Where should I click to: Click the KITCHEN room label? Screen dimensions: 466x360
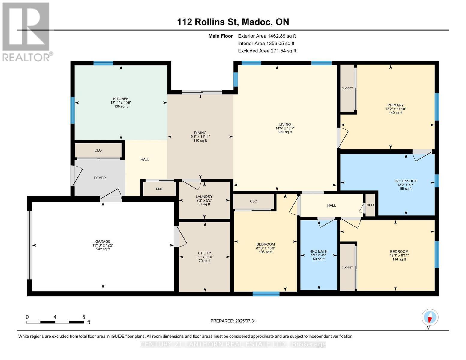(x=121, y=99)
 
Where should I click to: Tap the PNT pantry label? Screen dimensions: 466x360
(x=159, y=189)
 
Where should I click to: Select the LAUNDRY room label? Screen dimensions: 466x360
(x=204, y=196)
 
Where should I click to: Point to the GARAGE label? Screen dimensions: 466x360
(x=103, y=241)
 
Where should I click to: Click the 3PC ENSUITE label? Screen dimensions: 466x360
(x=406, y=181)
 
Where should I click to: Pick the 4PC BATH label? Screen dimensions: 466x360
(x=319, y=251)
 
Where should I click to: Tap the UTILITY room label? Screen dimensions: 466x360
(x=204, y=253)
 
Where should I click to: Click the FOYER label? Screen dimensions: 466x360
(x=100, y=178)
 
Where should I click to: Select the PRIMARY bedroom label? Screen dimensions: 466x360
(x=395, y=105)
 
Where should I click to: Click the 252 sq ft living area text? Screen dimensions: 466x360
(x=285, y=132)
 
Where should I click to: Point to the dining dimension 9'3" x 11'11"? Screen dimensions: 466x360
(x=200, y=136)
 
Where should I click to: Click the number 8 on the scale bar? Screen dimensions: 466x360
(x=84, y=317)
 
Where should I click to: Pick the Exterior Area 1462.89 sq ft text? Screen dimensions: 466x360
(x=267, y=36)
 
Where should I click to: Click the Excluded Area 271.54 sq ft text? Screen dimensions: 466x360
(x=267, y=51)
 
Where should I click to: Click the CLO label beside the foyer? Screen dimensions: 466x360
(x=98, y=150)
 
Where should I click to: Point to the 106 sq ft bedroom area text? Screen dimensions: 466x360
(x=266, y=252)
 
